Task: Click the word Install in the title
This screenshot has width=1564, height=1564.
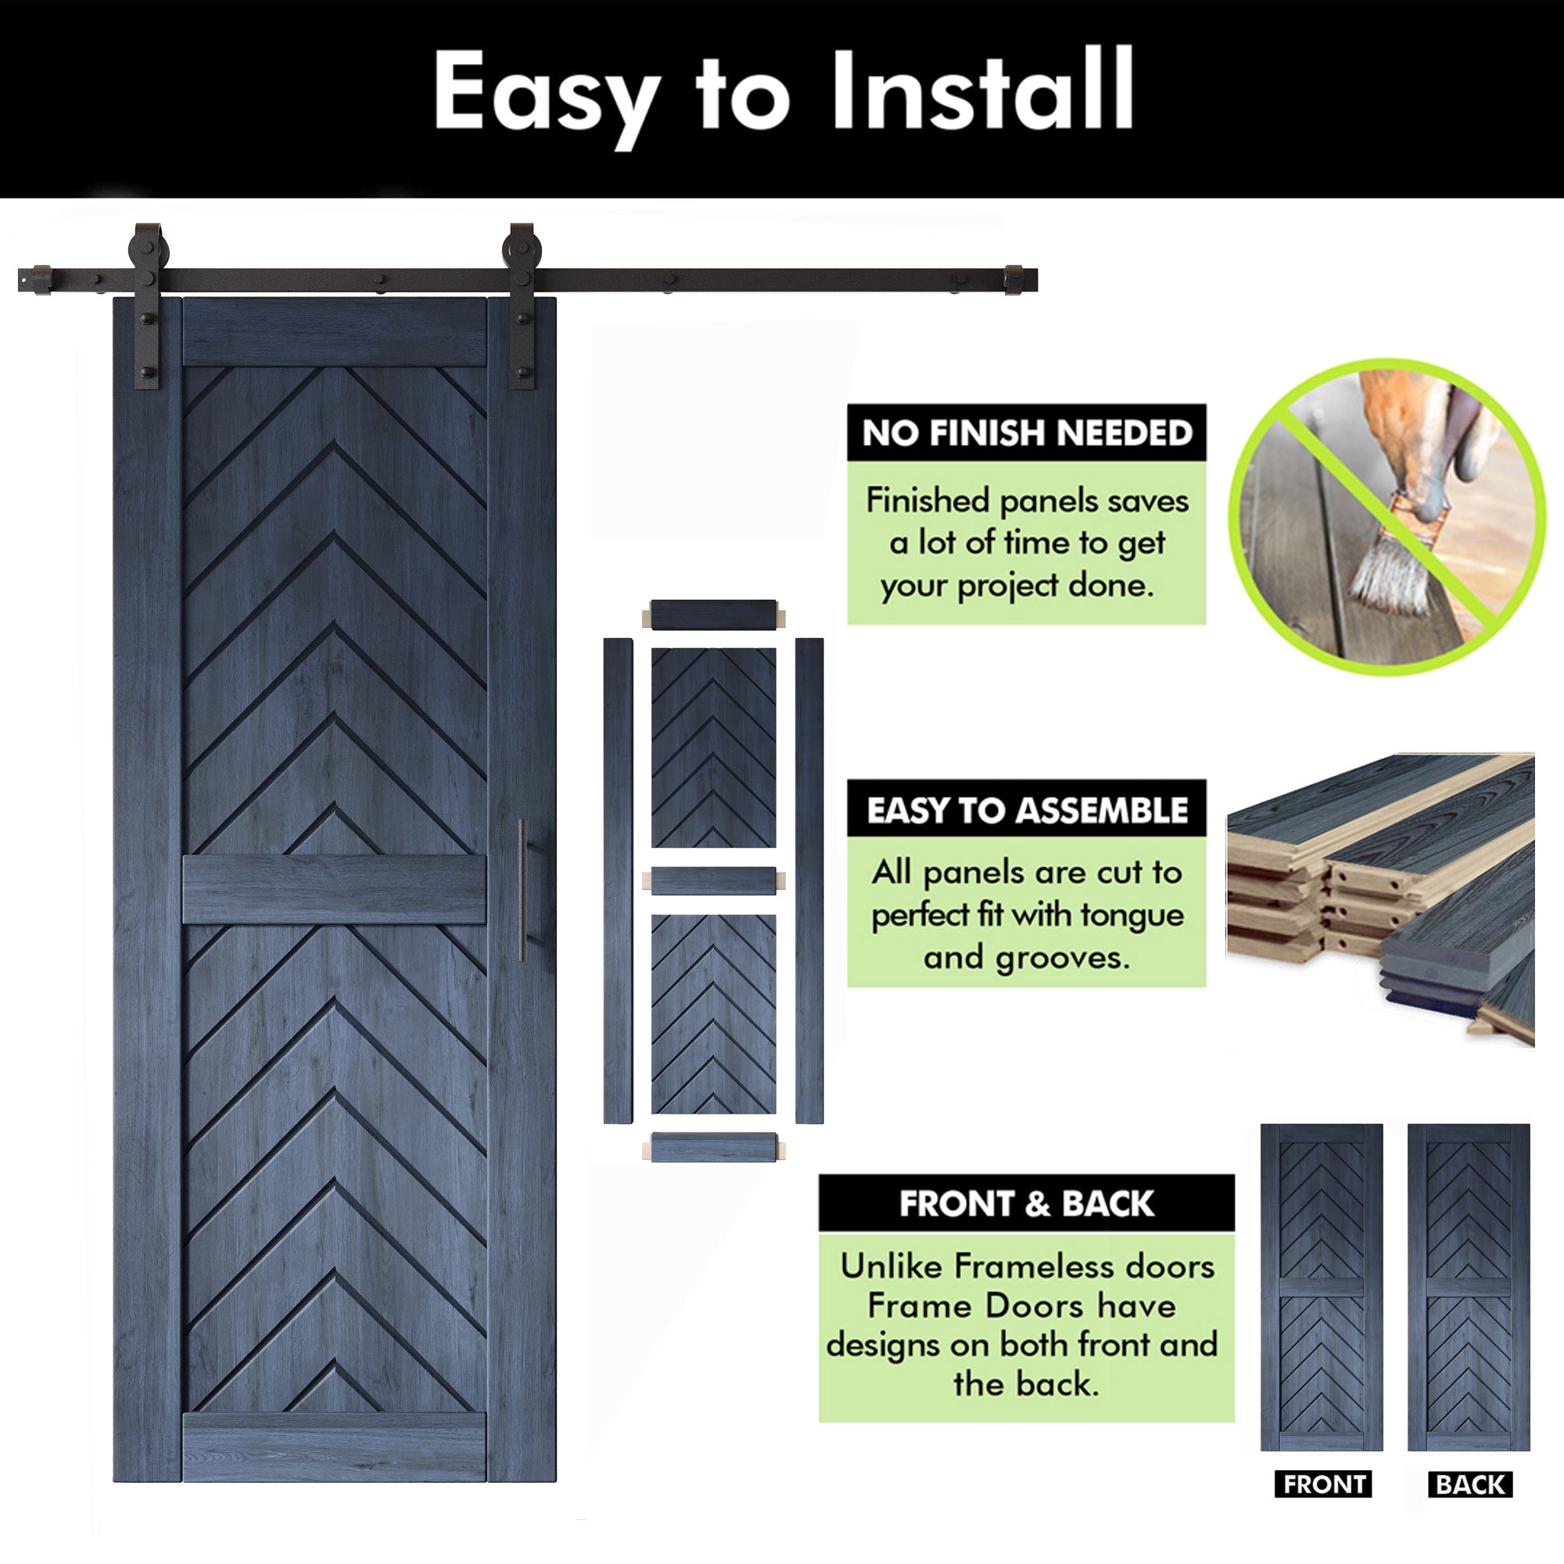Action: point(982,89)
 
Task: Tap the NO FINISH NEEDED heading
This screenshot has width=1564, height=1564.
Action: point(1027,433)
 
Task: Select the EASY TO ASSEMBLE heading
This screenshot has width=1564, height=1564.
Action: point(1027,810)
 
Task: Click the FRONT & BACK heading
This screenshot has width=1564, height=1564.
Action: point(1027,1203)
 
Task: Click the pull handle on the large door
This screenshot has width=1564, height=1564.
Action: point(522,890)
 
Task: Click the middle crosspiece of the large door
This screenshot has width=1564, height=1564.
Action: point(335,890)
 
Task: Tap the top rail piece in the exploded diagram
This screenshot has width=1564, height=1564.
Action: point(713,615)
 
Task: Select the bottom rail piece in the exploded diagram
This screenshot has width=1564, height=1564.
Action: point(713,1147)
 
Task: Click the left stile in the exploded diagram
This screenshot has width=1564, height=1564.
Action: point(618,881)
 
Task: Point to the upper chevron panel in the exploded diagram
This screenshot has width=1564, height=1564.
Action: point(713,747)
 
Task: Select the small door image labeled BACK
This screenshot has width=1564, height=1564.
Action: point(1469,1288)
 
